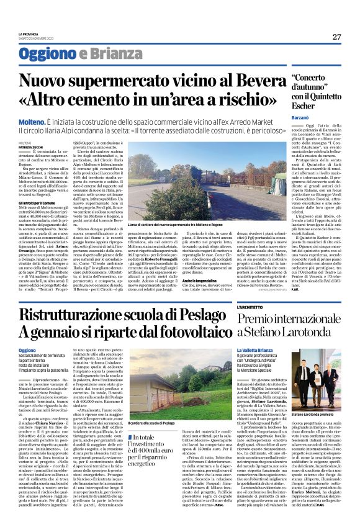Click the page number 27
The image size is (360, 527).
[x=336, y=37]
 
